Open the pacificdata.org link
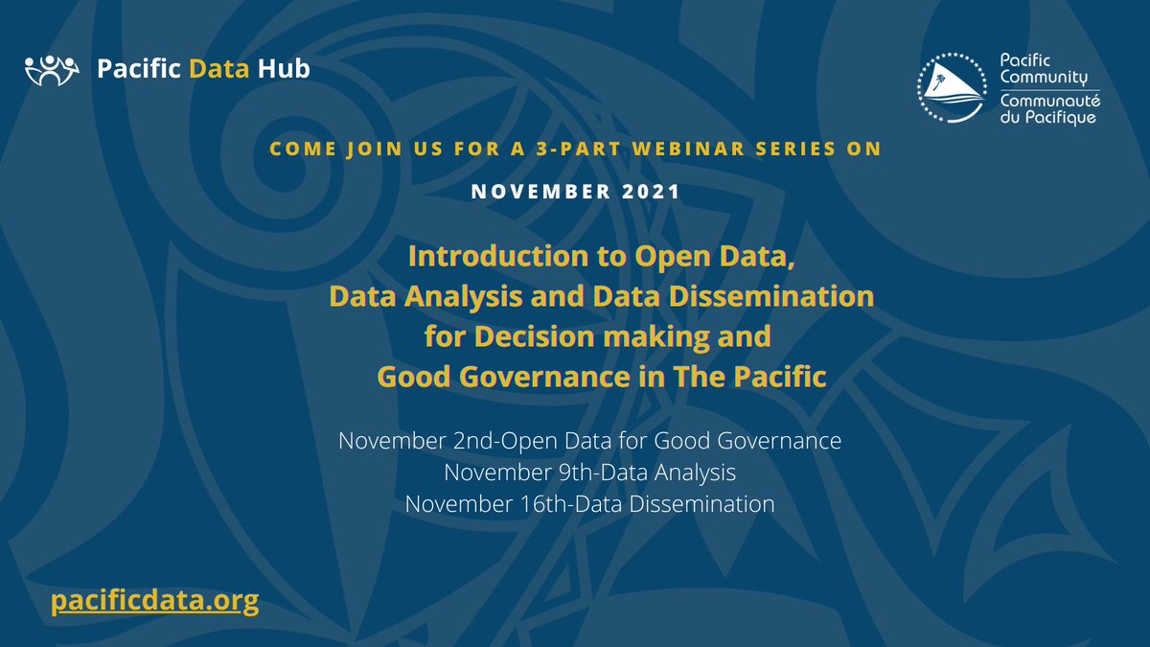[154, 601]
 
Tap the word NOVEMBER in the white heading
[532, 192]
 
